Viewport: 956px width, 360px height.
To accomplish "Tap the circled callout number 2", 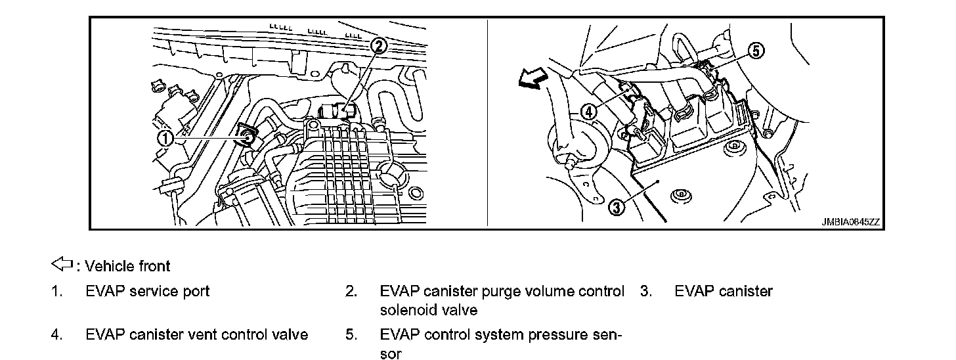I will coord(380,45).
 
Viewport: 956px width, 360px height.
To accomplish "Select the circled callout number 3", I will coord(617,208).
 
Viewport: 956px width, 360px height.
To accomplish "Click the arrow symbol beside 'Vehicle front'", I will coord(61,265).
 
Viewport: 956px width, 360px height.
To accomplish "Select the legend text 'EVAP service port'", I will coord(148,291).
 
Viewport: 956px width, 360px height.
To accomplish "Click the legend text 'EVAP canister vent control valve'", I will coord(197,334).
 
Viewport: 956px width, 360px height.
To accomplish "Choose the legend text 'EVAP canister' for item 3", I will coord(724,291).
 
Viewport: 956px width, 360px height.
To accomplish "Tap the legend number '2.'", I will coord(351,291).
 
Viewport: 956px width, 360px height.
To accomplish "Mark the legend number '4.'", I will coord(57,334).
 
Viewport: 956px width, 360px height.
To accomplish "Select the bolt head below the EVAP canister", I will coord(681,195).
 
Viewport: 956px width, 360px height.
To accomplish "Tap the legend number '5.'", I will coord(351,334).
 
